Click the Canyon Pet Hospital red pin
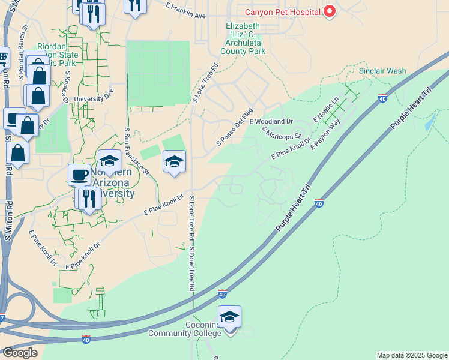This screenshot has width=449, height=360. tap(329, 11)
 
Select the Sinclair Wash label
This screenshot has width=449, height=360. tap(382, 71)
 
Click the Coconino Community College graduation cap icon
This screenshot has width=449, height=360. tap(229, 317)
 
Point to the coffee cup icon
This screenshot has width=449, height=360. tap(79, 175)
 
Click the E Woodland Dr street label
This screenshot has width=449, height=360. tap(274, 121)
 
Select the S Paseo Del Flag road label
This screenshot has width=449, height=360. tap(235, 127)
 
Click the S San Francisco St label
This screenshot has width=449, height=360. tap(136, 151)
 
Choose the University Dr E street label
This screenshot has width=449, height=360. tap(94, 97)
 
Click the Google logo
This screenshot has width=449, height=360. tap(19, 353)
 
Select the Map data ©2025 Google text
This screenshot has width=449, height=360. tap(412, 355)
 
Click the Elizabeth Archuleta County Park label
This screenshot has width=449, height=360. tap(243, 38)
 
